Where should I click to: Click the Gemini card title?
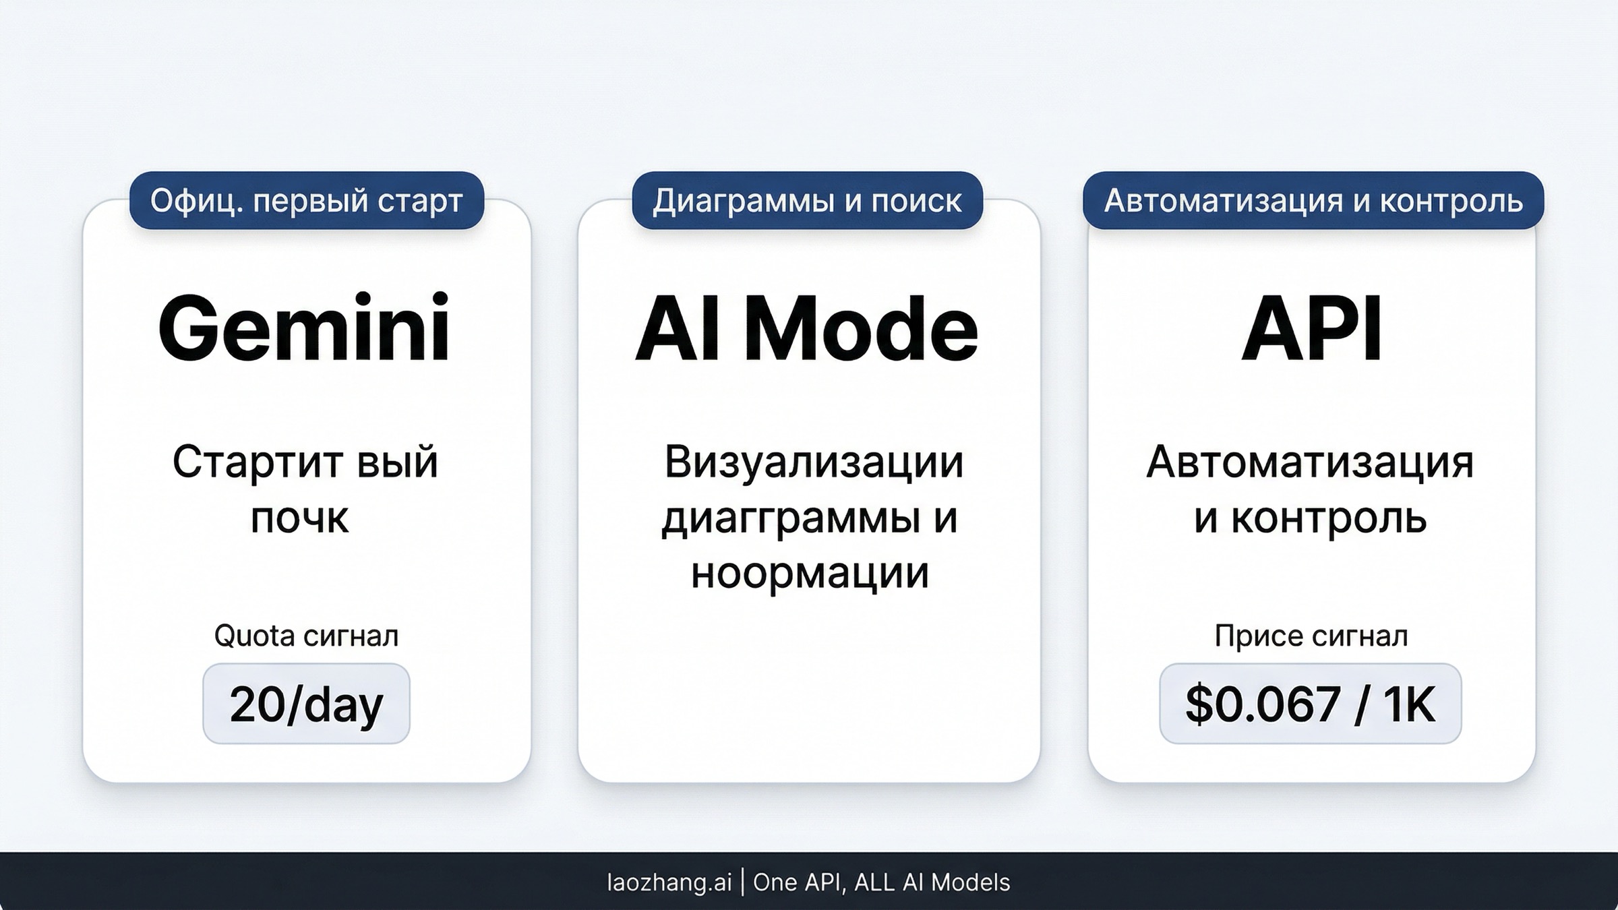pos(304,330)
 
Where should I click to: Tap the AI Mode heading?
pos(806,330)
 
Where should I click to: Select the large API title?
pos(1311,330)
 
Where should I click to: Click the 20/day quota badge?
pos(306,704)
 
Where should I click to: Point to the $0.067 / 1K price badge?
pos(1310,704)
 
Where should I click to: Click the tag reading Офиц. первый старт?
pos(307,201)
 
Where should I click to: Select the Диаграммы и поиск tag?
pos(807,201)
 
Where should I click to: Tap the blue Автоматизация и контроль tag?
pos(1313,201)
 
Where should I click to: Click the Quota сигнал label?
pos(306,636)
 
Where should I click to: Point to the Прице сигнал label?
pos(1311,636)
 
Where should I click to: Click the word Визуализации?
pos(814,462)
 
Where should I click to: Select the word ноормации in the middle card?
pos(810,573)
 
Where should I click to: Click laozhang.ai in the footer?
pos(669,882)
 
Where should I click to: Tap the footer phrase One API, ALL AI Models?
pos(881,882)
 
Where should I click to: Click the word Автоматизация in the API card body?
pos(1310,462)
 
